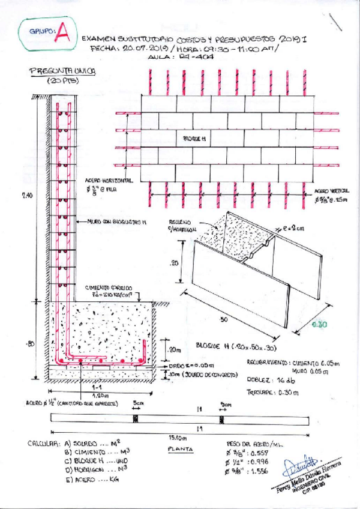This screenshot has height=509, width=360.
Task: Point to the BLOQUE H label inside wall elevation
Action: click(x=194, y=139)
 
